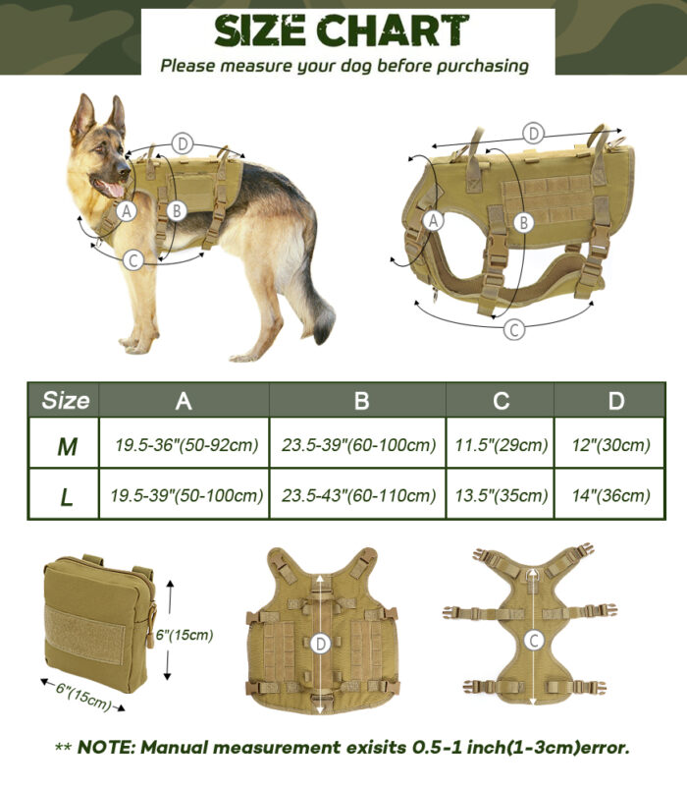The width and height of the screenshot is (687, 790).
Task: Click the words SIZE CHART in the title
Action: click(x=342, y=30)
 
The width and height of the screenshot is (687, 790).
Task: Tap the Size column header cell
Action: click(x=64, y=400)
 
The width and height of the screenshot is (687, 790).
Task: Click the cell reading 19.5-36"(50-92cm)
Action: click(x=186, y=445)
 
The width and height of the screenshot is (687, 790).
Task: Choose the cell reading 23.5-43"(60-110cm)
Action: click(x=358, y=495)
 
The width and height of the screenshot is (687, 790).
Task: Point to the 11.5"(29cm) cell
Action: click(x=502, y=445)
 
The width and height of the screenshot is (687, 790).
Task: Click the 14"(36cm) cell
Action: click(x=610, y=495)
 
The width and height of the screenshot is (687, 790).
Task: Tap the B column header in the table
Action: click(x=361, y=401)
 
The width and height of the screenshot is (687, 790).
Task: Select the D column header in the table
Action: click(x=616, y=401)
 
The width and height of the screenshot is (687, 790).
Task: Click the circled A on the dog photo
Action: click(x=127, y=210)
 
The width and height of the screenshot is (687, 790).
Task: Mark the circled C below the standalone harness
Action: click(x=514, y=329)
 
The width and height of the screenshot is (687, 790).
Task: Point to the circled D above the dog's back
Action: click(x=183, y=144)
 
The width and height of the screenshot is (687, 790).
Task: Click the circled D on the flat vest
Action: click(x=321, y=644)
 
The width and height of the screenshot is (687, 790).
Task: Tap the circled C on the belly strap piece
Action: click(x=534, y=641)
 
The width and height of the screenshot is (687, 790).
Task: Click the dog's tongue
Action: click(x=114, y=190)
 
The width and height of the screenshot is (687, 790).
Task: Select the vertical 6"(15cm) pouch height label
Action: click(x=185, y=635)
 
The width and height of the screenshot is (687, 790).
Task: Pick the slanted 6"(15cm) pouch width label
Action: click(x=83, y=697)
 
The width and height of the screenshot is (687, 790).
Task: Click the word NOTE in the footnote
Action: click(x=105, y=747)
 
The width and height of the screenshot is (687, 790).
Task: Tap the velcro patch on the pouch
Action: click(x=84, y=635)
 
